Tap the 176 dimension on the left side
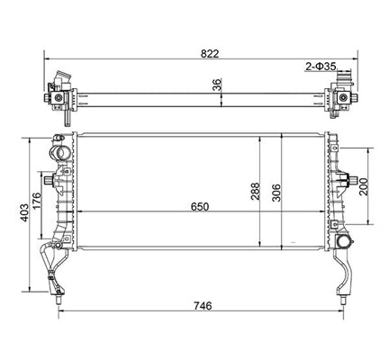pyautogui.click(x=36, y=201)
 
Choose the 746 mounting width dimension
pyautogui.click(x=203, y=306)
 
